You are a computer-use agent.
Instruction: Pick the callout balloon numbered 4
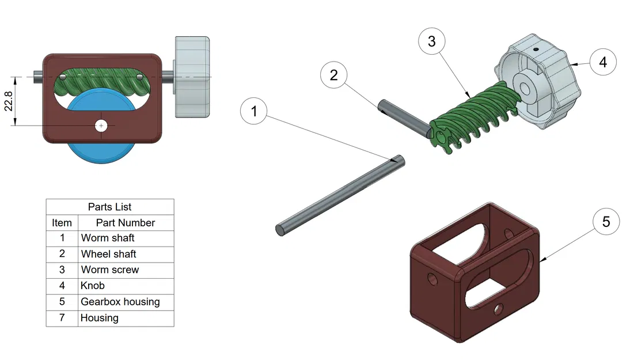pyautogui.click(x=602, y=62)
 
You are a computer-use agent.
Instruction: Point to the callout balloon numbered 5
pyautogui.click(x=605, y=222)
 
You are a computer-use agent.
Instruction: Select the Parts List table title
pyautogui.click(x=109, y=207)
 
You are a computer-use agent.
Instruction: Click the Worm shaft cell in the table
pyautogui.click(x=108, y=238)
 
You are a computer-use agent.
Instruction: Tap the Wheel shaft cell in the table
pyautogui.click(x=108, y=254)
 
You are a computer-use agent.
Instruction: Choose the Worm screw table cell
pyautogui.click(x=109, y=270)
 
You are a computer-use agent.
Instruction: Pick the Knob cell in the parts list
pyautogui.click(x=93, y=286)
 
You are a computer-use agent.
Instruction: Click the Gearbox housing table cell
pyautogui.click(x=120, y=302)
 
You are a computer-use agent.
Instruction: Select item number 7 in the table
pyautogui.click(x=62, y=318)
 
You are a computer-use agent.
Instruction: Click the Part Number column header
pyautogui.click(x=125, y=222)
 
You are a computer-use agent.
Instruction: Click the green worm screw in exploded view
pyautogui.click(x=472, y=118)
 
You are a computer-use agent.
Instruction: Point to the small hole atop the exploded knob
pyautogui.click(x=536, y=50)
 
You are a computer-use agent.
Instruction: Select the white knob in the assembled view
pyautogui.click(x=192, y=78)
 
